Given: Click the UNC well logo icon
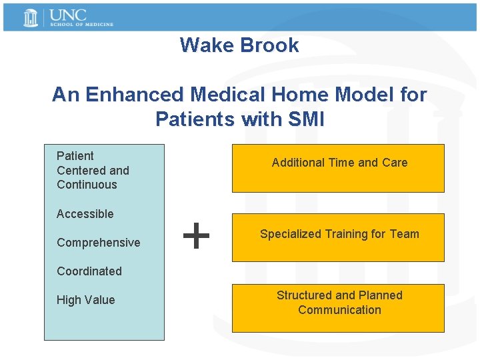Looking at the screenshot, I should coord(31,18).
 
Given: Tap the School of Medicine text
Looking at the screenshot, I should coord(81,25).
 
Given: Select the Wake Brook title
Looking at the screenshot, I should coord(239,45).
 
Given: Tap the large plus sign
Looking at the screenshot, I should coord(197,236).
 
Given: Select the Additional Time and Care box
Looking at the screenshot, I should coord(338,168).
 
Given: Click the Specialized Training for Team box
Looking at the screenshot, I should coord(338,237).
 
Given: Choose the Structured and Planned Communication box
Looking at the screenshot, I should coord(338,308).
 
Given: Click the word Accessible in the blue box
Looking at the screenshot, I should coord(85,214).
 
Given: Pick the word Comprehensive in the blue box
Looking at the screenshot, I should coord(99,243).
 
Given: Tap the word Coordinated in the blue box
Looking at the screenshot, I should coord(89,271).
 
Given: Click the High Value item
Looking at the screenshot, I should coord(85,300).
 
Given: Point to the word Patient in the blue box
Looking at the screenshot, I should coord(75,156).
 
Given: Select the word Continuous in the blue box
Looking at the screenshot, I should coord(87,185).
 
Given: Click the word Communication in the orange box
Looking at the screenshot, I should coord(339,310).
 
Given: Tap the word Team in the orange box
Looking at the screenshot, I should coord(405,234).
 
